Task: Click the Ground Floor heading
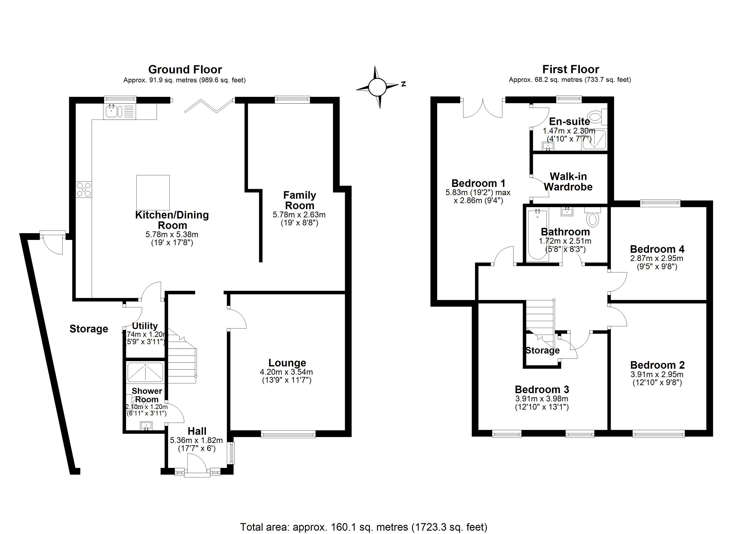(x=185, y=70)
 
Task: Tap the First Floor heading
(x=570, y=69)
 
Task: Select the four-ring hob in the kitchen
(x=84, y=189)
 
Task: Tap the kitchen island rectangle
(x=153, y=192)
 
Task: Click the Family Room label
(x=299, y=200)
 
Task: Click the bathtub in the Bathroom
(x=537, y=235)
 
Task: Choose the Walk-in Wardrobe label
(x=568, y=182)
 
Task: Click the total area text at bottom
(x=363, y=527)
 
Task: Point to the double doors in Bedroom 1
(x=482, y=109)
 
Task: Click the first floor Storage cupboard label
(x=542, y=350)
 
